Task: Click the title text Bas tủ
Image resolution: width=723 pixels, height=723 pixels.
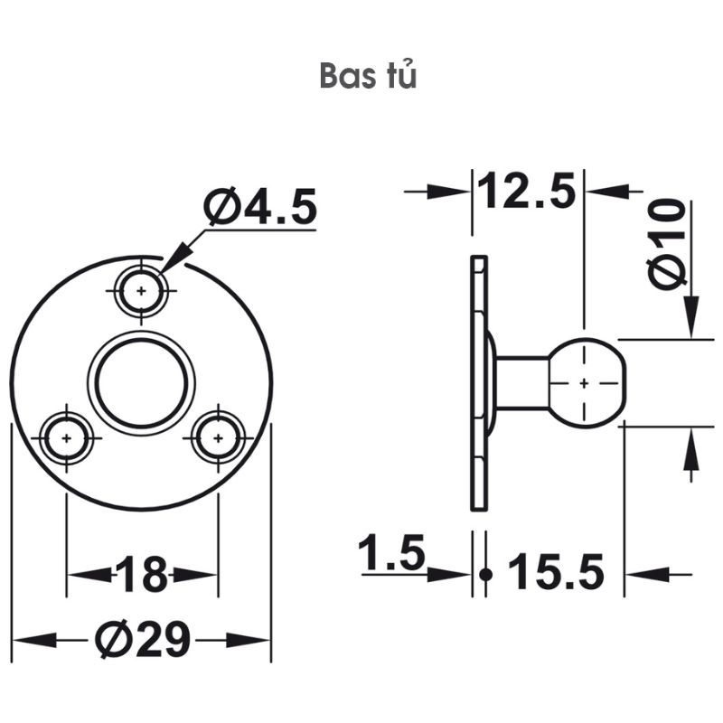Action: click(368, 76)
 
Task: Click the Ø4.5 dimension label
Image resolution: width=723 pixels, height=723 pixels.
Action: click(261, 209)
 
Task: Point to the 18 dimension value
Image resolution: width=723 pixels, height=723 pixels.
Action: click(142, 575)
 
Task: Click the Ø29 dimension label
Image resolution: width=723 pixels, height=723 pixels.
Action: click(144, 640)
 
